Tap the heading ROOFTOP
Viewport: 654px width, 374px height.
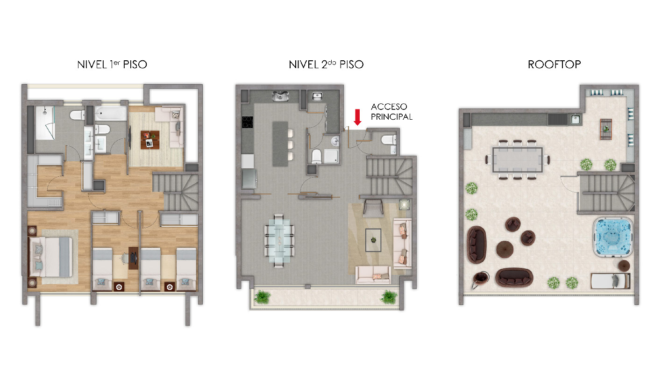click(x=554, y=65)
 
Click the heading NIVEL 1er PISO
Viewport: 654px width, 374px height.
click(x=112, y=65)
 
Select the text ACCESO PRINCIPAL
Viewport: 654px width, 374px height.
click(x=391, y=112)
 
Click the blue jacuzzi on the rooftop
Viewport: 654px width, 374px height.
click(x=613, y=237)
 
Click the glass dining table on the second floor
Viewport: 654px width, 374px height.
click(x=279, y=240)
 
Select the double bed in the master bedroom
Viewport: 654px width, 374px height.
click(x=51, y=257)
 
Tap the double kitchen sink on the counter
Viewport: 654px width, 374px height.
click(x=282, y=97)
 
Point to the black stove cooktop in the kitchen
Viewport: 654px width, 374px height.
click(x=247, y=122)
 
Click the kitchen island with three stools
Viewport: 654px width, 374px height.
click(x=280, y=143)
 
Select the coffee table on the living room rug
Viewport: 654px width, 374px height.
click(x=373, y=240)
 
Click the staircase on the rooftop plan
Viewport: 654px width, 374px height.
click(x=605, y=192)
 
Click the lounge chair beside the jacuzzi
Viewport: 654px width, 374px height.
click(x=610, y=281)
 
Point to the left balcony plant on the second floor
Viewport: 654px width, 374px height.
click(x=263, y=296)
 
